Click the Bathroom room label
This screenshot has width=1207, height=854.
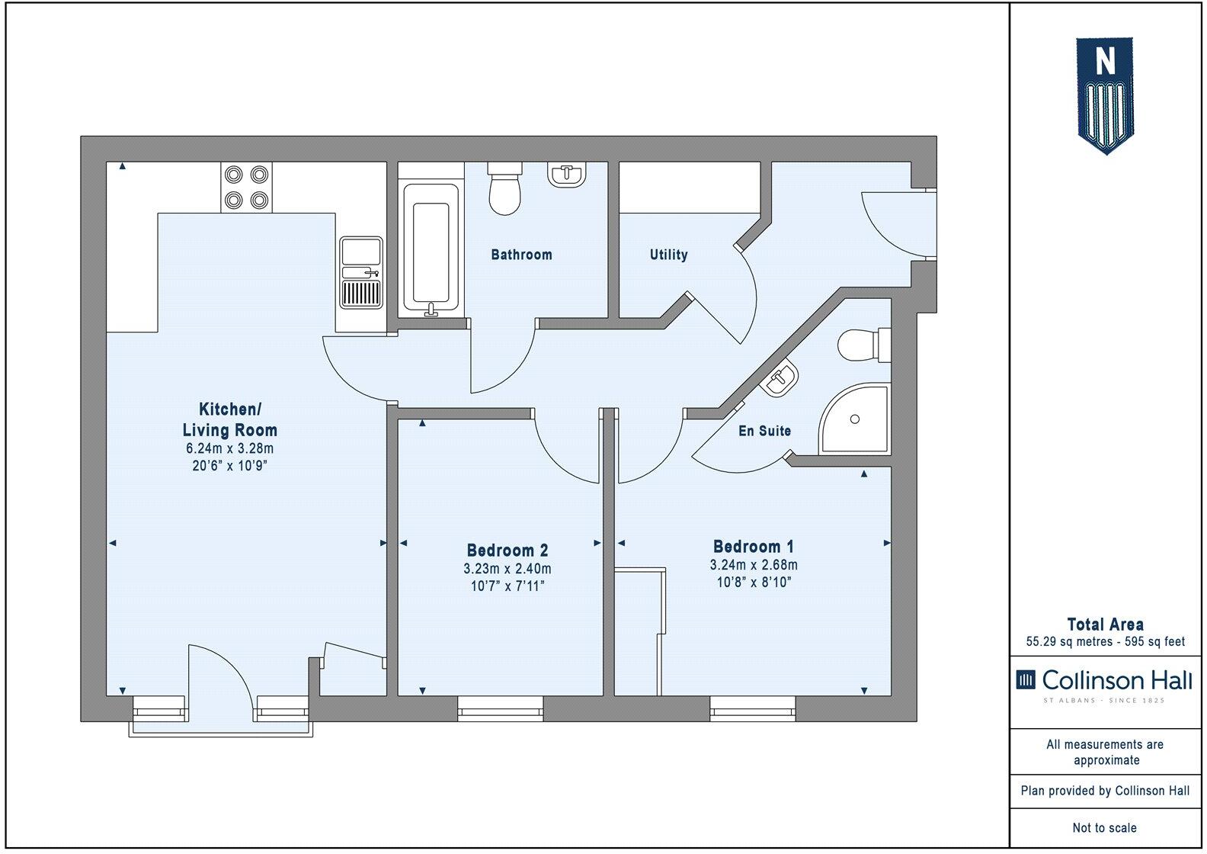tap(521, 255)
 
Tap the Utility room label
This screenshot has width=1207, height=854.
tap(668, 255)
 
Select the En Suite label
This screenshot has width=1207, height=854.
tap(764, 431)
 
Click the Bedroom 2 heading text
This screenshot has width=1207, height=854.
tap(507, 550)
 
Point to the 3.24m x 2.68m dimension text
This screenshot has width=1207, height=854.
tap(754, 565)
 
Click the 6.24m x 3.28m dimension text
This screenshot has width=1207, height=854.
tap(229, 448)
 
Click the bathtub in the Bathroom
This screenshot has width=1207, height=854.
tap(431, 249)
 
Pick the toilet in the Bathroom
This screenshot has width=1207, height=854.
tap(504, 189)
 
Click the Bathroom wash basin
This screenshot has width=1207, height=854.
tap(567, 175)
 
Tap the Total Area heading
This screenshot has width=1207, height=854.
tap(1105, 624)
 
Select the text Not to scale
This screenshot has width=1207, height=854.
tap(1105, 827)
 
